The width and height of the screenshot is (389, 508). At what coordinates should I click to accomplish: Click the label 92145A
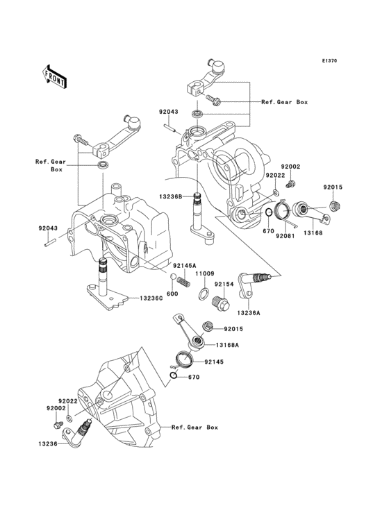185,266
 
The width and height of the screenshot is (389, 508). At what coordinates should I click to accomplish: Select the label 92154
224,285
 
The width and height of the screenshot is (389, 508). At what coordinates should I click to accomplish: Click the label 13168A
227,345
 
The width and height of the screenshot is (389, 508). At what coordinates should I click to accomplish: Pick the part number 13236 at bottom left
48,442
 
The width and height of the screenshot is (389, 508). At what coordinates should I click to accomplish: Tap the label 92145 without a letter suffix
215,361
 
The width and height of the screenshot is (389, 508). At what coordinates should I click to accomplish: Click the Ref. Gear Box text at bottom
194,427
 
